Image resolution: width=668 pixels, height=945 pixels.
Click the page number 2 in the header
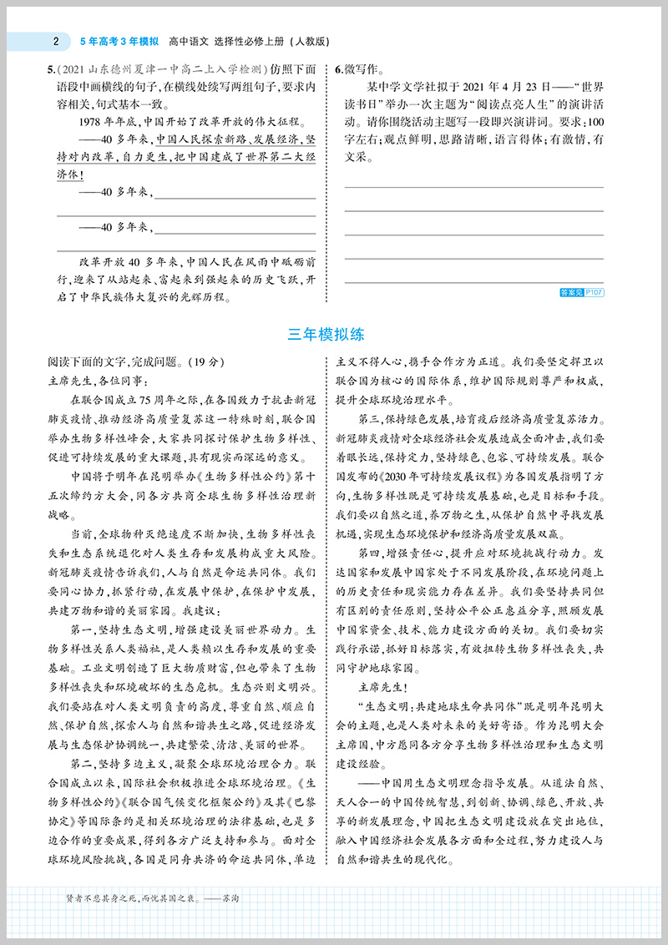pyautogui.click(x=54, y=39)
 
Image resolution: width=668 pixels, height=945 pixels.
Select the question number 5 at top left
pyautogui.click(x=51, y=70)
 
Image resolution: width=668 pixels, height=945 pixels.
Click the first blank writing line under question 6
pyautogui.click(x=473, y=185)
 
